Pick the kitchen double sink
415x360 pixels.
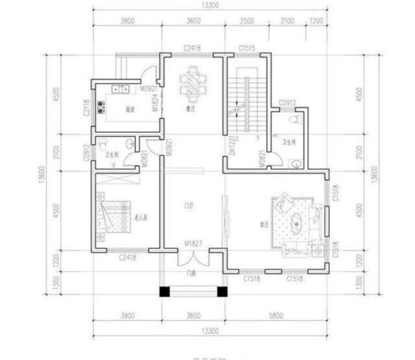coord(121,89)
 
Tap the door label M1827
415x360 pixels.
coord(193,244)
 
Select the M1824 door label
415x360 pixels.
coord(155,102)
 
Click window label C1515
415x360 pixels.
coord(247,49)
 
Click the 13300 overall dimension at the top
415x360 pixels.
coord(209,6)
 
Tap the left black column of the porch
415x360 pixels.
coord(165,292)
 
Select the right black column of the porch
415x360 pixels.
coord(221,292)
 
